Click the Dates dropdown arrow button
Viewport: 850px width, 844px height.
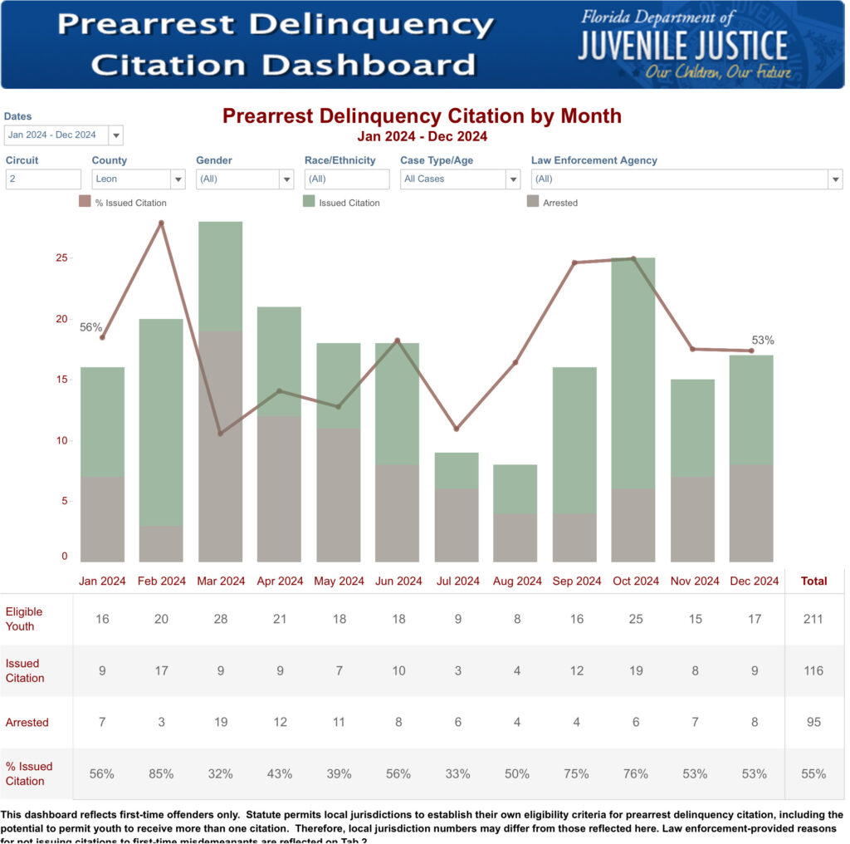[x=115, y=135]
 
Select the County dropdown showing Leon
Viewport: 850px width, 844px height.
[x=138, y=179]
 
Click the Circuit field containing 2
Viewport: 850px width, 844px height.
[x=43, y=179]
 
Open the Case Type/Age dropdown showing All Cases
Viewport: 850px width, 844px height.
[x=460, y=179]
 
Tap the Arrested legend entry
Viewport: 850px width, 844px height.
[x=553, y=202]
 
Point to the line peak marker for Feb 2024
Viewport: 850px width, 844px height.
[x=161, y=223]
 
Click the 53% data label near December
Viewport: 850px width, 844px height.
[x=763, y=340]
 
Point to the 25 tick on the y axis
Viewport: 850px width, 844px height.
[x=61, y=258]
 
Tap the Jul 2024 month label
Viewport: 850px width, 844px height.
[x=458, y=581]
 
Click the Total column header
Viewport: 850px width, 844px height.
[x=813, y=581]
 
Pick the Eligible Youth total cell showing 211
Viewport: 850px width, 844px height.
[x=813, y=619]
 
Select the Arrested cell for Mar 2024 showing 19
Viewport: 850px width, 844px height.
[x=221, y=722]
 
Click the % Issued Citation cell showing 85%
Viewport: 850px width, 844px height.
[x=161, y=773]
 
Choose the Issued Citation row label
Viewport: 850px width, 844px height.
[x=25, y=670]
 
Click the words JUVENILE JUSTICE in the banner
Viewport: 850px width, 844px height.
[x=682, y=47]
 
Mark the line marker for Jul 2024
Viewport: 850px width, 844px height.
[x=456, y=429]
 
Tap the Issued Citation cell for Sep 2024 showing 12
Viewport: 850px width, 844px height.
[x=576, y=670]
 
